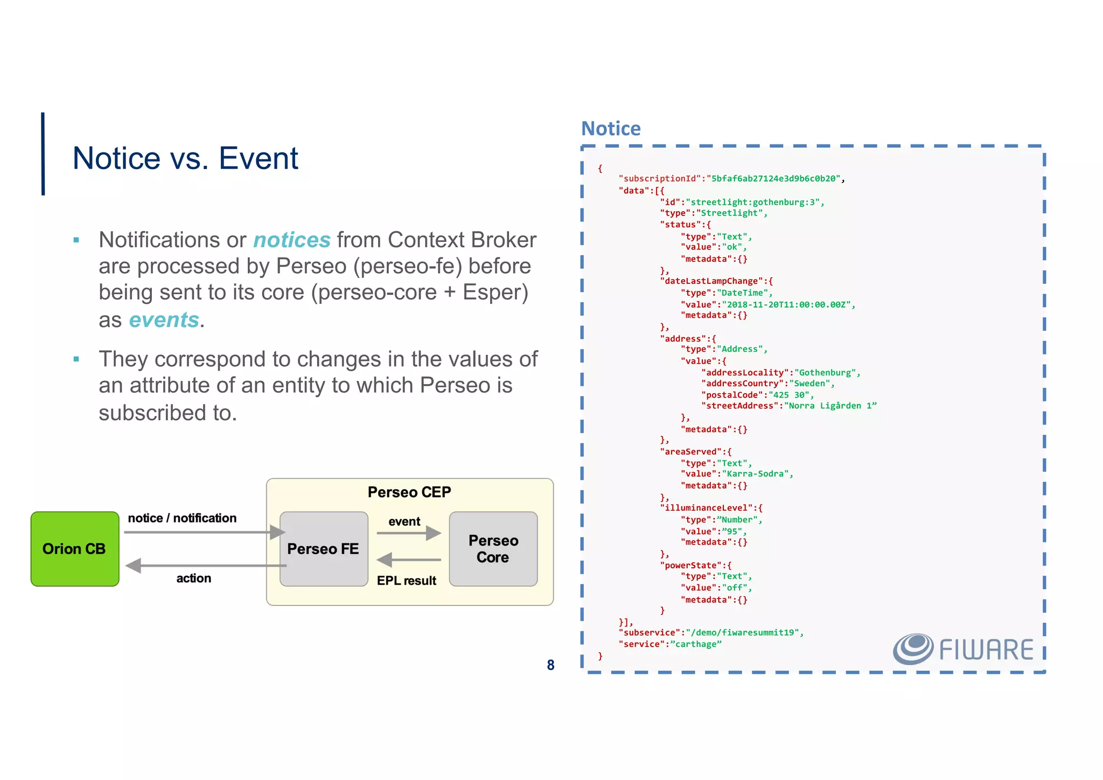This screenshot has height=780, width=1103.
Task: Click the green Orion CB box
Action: click(x=75, y=548)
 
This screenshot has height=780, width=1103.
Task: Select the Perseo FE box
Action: click(x=323, y=548)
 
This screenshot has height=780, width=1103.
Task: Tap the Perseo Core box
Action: click(x=493, y=548)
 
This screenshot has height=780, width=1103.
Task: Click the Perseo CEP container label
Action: click(x=409, y=492)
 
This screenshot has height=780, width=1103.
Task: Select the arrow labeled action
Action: click(x=205, y=566)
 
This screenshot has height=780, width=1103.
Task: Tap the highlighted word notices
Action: click(x=291, y=240)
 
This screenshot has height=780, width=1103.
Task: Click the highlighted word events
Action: click(x=164, y=319)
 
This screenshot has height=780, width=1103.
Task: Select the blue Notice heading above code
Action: click(x=611, y=129)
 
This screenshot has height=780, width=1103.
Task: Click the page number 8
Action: click(x=550, y=665)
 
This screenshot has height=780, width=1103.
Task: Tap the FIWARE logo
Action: click(x=963, y=649)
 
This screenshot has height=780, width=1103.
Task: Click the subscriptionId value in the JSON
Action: click(x=773, y=178)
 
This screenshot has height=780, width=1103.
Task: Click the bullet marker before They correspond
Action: click(x=76, y=359)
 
